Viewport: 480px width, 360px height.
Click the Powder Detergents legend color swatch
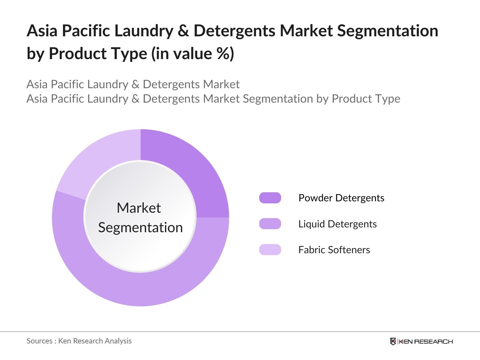point(270,198)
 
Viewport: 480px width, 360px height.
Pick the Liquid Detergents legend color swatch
point(270,223)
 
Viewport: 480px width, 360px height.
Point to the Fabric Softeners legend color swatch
point(270,250)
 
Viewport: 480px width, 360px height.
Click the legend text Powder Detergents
point(341,198)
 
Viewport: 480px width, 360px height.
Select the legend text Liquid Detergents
point(337,224)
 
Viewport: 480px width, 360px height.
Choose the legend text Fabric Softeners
point(334,250)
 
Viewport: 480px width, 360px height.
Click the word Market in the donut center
point(139,208)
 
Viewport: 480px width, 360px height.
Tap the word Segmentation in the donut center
point(140,228)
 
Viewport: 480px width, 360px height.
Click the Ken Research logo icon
point(393,341)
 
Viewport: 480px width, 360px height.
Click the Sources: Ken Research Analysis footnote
point(79,341)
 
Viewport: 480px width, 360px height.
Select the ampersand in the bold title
point(183,31)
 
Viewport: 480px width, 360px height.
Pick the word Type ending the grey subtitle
point(388,99)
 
